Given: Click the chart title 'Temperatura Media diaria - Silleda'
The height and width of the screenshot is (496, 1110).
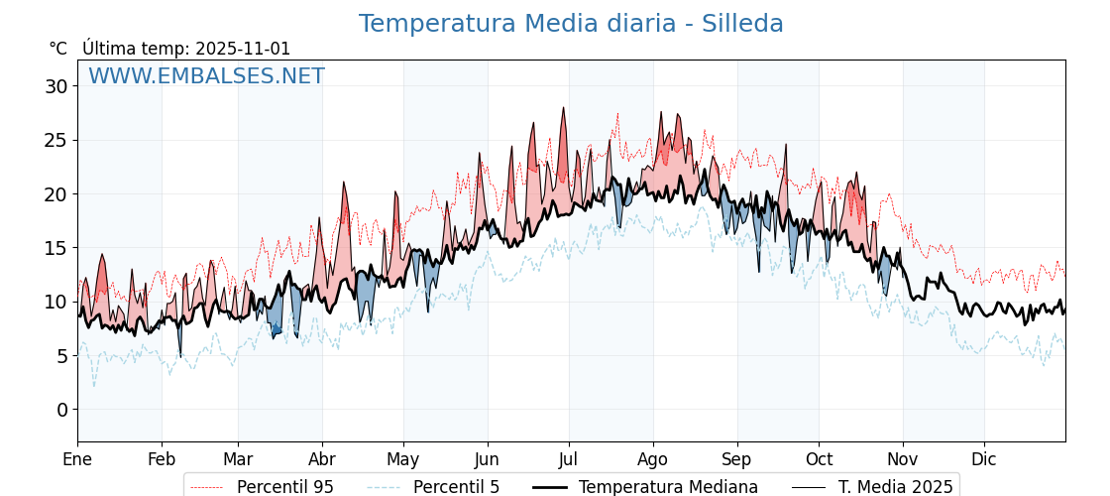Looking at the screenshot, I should click(x=571, y=24).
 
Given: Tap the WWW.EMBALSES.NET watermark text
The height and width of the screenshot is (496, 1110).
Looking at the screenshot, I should click(x=206, y=76).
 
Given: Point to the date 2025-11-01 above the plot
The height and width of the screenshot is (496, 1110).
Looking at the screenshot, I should click(x=243, y=49).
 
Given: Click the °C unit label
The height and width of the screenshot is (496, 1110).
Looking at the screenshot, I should click(x=58, y=49).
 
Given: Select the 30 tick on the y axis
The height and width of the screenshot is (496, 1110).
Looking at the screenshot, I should click(x=55, y=86).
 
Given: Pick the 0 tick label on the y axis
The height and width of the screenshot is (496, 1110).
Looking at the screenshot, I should click(x=61, y=410).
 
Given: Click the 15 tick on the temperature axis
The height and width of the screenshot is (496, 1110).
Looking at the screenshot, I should click(x=55, y=248).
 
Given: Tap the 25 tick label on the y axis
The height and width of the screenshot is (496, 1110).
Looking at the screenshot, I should click(x=55, y=140).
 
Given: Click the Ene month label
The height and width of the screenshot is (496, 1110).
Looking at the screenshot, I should click(x=77, y=459).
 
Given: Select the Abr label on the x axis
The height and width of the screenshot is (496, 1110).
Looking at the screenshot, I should click(x=322, y=459).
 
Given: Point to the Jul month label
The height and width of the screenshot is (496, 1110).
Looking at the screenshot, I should click(x=569, y=459).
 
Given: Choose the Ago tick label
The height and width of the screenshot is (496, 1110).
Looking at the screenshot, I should click(x=653, y=459).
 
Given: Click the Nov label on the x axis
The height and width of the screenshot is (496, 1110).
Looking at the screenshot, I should click(x=903, y=459).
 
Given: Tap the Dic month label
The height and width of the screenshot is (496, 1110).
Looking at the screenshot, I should click(x=984, y=459).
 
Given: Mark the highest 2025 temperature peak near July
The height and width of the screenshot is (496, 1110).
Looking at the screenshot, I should click(x=563, y=108).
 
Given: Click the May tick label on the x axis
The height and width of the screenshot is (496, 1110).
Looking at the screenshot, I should click(x=403, y=459).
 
